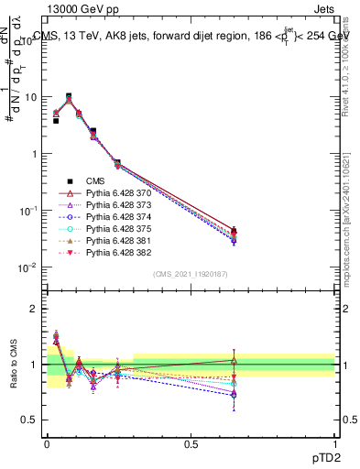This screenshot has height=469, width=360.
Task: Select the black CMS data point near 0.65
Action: [235, 231]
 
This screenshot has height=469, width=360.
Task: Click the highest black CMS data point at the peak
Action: [69, 96]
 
